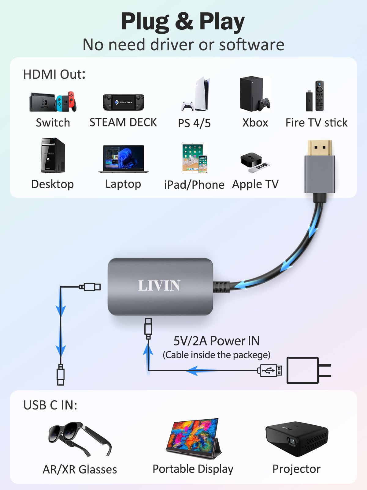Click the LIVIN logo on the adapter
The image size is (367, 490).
[x=159, y=286]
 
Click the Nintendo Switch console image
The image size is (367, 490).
[x=53, y=102]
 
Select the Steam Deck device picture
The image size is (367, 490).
[x=123, y=102]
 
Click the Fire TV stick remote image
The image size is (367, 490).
[x=319, y=96]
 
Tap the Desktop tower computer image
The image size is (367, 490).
[x=53, y=156]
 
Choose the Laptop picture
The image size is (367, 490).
[x=124, y=159]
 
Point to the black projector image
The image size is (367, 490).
[x=296, y=438]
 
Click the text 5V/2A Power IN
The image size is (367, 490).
[x=216, y=341]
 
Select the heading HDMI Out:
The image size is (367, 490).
[x=54, y=74]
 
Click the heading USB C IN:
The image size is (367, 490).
[x=50, y=405]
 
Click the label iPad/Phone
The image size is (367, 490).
[x=194, y=185]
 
